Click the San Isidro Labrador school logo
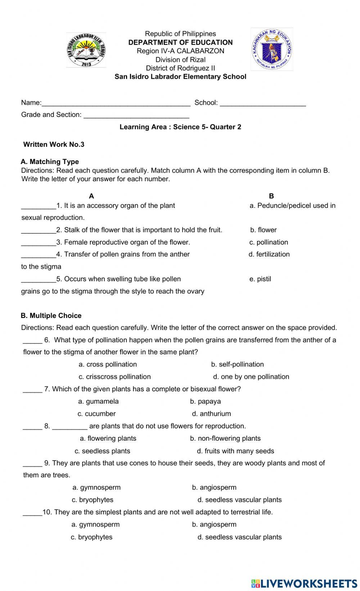[x=86, y=50]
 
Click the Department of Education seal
[x=272, y=50]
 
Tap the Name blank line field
[x=116, y=103]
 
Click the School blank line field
[x=263, y=103]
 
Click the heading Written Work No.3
[x=54, y=145]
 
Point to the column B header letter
[x=271, y=196]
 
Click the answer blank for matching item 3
[x=39, y=243]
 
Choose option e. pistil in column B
[x=260, y=279]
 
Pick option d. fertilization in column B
[x=269, y=254]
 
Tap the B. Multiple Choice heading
[x=51, y=316]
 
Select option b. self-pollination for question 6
[x=237, y=364]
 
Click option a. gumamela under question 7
[x=98, y=401]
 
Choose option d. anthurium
[x=211, y=414]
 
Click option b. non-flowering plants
[x=225, y=438]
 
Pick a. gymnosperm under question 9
[x=96, y=488]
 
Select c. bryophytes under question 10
[x=91, y=537]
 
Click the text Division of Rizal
[x=180, y=60]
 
